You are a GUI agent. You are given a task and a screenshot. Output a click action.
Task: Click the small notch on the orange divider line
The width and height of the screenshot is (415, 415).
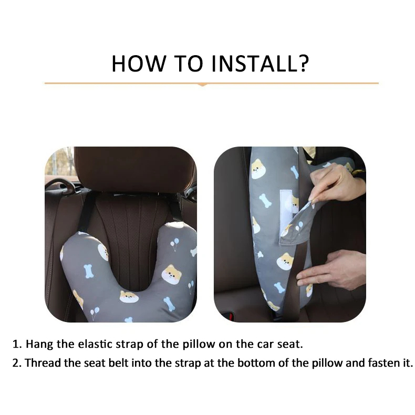click(202, 85)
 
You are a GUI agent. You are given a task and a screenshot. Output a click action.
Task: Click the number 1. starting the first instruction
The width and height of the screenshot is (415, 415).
click(17, 344)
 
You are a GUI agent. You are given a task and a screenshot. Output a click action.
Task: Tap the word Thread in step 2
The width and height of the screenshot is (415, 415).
click(43, 363)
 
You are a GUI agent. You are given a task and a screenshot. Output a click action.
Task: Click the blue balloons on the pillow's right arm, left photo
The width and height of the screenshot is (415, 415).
click(175, 244)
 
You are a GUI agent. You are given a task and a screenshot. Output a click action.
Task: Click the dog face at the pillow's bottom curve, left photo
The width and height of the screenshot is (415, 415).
click(129, 297)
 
